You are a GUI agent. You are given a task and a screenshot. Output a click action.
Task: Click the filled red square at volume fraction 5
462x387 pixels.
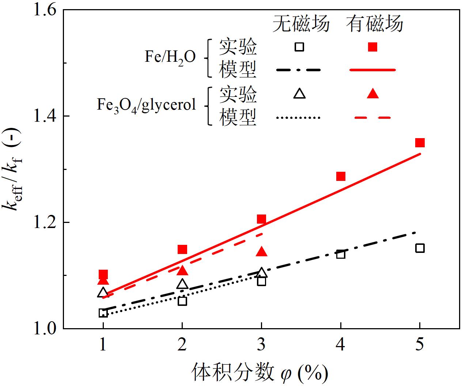[420, 143]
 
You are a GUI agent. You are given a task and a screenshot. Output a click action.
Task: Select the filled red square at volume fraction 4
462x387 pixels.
[341, 177]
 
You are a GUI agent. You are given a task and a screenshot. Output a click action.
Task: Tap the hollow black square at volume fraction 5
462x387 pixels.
[420, 248]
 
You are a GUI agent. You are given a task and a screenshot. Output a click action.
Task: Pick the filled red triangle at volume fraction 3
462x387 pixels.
[262, 252]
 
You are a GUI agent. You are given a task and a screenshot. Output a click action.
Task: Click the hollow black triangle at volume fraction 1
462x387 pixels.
[103, 293]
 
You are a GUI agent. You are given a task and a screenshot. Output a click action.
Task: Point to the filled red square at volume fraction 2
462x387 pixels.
[182, 250]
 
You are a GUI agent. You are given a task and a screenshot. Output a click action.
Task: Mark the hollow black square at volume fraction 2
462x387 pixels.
[182, 301]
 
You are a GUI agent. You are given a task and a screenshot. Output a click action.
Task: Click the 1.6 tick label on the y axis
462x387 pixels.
[45, 10]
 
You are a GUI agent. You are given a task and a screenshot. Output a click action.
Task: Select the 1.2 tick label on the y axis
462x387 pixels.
[45, 222]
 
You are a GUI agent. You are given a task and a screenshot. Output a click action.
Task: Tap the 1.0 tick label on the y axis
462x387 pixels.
[45, 328]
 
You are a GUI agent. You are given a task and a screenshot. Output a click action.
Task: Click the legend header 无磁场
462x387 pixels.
[301, 24]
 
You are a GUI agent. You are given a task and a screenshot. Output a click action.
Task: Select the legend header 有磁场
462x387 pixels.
[375, 24]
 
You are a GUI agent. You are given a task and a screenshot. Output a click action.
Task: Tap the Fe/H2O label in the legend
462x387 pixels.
[170, 57]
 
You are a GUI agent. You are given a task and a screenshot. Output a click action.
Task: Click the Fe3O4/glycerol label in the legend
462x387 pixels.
[146, 105]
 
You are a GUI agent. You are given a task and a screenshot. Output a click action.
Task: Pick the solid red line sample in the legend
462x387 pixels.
[372, 69]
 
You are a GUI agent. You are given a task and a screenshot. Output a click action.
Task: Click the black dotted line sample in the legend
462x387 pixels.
[299, 118]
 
